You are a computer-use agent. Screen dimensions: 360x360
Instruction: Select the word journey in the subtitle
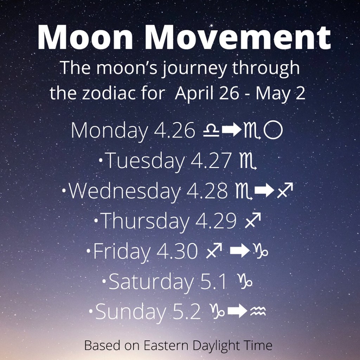194,69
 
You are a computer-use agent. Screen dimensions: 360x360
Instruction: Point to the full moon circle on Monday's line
273,131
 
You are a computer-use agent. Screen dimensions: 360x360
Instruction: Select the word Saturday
151,282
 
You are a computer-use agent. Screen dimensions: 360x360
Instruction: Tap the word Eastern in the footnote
163,345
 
